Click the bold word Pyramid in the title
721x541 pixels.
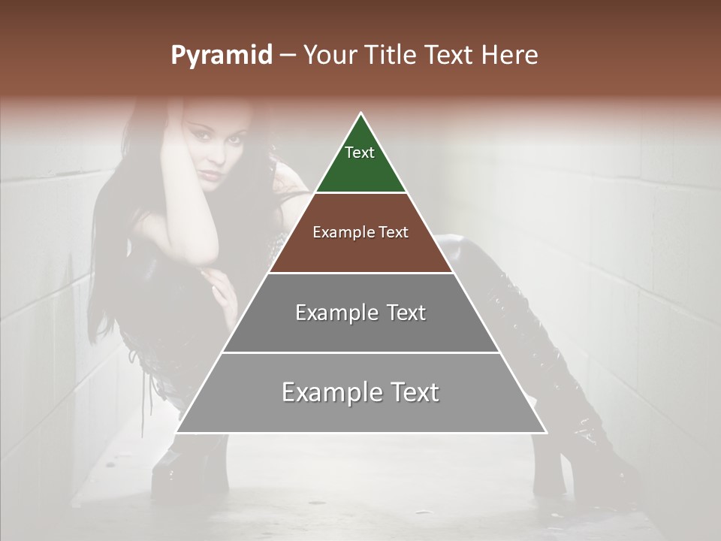pos(221,56)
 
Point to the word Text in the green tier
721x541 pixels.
pos(360,153)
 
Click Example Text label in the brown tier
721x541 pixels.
pos(360,232)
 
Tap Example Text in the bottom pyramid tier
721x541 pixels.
pos(360,392)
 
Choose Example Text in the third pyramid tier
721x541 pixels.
pos(360,313)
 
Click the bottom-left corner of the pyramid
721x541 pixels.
pos(176,432)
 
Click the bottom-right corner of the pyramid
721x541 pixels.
pos(546,432)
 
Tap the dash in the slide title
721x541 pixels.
pos(288,56)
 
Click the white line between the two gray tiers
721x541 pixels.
pos(360,352)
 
